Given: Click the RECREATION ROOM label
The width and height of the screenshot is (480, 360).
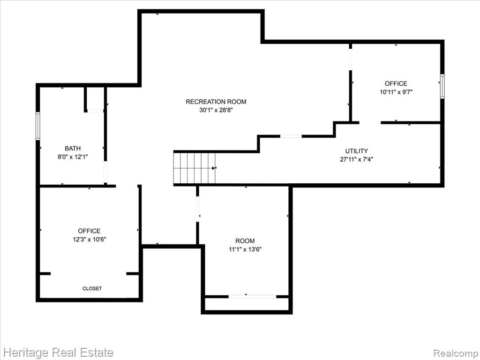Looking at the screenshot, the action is (x=216, y=102).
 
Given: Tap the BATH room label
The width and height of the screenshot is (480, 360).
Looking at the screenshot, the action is (x=73, y=149).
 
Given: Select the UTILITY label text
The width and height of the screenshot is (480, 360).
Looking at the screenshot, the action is (x=356, y=151).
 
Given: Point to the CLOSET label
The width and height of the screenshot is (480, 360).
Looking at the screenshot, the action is (x=92, y=288).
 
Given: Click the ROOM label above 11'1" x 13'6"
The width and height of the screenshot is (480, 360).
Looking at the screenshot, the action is (x=245, y=241).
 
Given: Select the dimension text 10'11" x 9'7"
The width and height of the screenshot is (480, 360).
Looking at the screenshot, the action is (x=396, y=92).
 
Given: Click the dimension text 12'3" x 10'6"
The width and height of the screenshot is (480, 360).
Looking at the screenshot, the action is (x=89, y=240).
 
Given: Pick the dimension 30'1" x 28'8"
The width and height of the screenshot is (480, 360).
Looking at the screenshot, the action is (x=216, y=110).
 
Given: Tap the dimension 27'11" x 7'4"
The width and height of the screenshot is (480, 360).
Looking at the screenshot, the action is (x=356, y=159).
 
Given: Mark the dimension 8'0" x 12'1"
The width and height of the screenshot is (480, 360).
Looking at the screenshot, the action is (x=73, y=157).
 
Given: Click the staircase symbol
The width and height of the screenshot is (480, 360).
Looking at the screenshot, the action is (x=195, y=168).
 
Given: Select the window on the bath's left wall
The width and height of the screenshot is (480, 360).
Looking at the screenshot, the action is (x=38, y=126).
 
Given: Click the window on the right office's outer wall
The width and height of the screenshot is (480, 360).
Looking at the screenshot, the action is (x=442, y=86).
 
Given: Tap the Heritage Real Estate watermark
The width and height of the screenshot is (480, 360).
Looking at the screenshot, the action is (x=59, y=352).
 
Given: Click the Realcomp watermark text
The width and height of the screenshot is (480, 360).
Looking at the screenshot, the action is (x=456, y=353).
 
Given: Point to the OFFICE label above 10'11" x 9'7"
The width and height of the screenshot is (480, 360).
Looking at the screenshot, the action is (x=396, y=83).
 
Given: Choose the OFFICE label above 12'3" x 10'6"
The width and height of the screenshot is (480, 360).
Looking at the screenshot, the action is (x=89, y=231).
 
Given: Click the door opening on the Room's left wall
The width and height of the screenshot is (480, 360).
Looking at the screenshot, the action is (x=197, y=209).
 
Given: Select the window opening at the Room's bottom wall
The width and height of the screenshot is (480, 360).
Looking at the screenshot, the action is (x=252, y=297).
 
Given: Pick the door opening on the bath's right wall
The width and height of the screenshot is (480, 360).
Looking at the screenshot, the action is (x=105, y=172).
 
